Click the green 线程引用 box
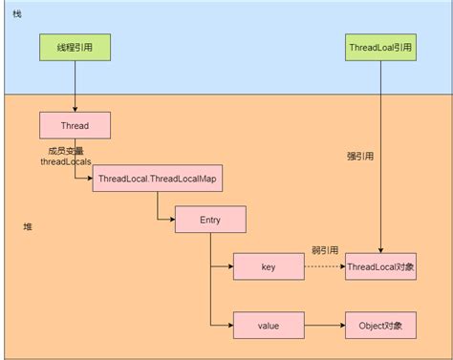pos(74,48)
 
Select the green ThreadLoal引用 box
pos(380,48)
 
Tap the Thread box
pos(75,124)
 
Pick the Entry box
pos(209,221)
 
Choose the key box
pos(269,266)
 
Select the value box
pos(269,325)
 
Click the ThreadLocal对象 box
pos(380,266)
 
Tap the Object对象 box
pos(380,325)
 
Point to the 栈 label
pos(17,12)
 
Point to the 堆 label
pos(27,226)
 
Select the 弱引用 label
pos(324,250)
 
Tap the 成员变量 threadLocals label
pos(65,156)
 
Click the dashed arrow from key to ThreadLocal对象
pos(324,266)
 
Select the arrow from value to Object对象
pos(324,325)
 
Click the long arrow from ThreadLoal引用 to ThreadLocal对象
pos(380,191)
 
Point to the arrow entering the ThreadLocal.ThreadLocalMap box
pos(81,179)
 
